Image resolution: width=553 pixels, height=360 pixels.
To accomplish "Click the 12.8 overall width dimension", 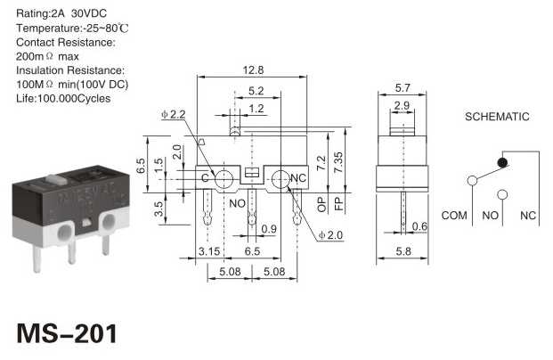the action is pyautogui.click(x=253, y=70).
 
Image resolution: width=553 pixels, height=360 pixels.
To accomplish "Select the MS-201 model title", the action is pyautogui.click(x=67, y=333).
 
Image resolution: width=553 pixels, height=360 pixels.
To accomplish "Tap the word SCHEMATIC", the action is pyautogui.click(x=497, y=117).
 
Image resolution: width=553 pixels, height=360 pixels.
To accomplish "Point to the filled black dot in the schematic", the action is pyautogui.click(x=502, y=163).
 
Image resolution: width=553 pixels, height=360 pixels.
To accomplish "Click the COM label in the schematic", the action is pyautogui.click(x=454, y=216).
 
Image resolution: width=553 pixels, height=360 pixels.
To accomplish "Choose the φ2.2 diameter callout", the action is pyautogui.click(x=174, y=114).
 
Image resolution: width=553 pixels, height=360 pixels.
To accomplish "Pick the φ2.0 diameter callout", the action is pyautogui.click(x=330, y=235).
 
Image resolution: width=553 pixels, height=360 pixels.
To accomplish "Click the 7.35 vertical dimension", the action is pyautogui.click(x=337, y=162).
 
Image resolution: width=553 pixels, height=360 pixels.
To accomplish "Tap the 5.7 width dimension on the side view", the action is pyautogui.click(x=403, y=87).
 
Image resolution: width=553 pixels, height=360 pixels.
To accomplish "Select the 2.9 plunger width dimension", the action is pyautogui.click(x=402, y=105).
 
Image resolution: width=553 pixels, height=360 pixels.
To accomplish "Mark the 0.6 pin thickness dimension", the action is pyautogui.click(x=419, y=226).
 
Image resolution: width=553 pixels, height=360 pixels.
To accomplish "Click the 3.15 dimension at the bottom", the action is pyautogui.click(x=209, y=251).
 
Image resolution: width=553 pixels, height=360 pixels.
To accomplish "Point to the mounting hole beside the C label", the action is pyautogui.click(x=224, y=179).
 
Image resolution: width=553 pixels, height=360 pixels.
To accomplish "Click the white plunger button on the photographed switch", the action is pyautogui.click(x=56, y=179).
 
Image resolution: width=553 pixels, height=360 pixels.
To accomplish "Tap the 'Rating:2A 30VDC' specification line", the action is pyautogui.click(x=61, y=13).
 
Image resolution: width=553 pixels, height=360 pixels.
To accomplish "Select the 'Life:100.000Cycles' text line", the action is pyautogui.click(x=63, y=99).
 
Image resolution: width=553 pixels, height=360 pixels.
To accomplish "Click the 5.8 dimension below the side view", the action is pyautogui.click(x=403, y=251).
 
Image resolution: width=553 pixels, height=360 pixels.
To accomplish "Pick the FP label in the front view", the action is pyautogui.click(x=338, y=204).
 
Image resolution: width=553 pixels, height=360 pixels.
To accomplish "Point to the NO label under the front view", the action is pyautogui.click(x=238, y=204).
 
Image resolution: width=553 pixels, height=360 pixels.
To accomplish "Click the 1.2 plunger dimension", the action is pyautogui.click(x=256, y=109).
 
